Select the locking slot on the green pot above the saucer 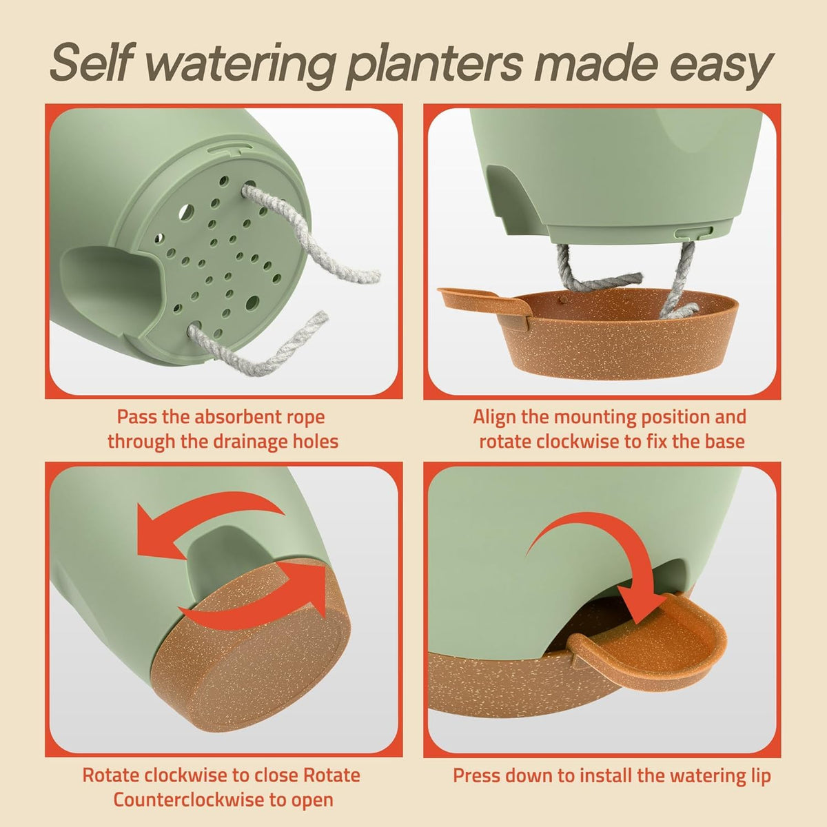[x=694, y=232]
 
